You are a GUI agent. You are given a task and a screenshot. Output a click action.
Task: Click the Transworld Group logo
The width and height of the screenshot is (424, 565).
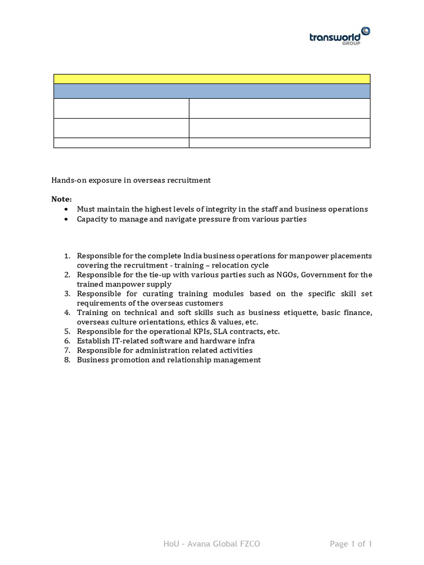[340, 36]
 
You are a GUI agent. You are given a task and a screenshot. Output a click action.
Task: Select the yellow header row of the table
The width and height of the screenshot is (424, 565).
[211, 78]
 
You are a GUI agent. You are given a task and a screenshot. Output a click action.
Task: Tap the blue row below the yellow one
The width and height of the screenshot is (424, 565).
[211, 91]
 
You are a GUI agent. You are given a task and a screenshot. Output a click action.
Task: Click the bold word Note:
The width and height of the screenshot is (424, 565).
[61, 199]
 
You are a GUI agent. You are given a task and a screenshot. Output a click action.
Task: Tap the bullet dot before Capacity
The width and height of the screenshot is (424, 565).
[67, 219]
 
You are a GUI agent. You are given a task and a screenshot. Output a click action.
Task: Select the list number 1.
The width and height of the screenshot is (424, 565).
[67, 256]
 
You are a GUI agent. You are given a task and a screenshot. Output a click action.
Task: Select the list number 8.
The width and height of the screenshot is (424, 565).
[67, 360]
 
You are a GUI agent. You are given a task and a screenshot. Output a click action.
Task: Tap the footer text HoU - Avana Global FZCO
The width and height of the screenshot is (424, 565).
[211, 544]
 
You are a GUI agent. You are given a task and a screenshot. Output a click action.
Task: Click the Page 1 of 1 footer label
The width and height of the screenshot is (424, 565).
[351, 544]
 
